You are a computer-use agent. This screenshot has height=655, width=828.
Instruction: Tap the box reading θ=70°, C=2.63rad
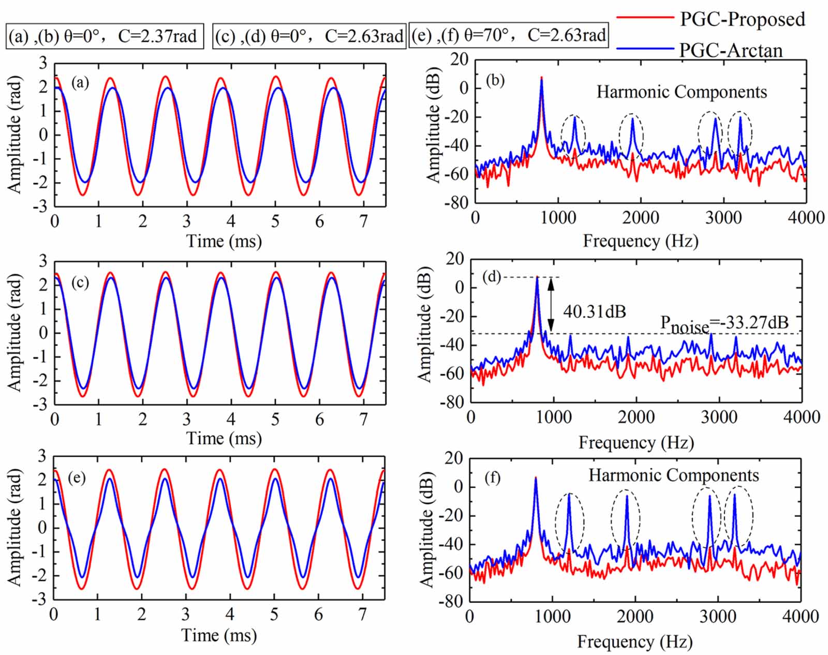[509, 35]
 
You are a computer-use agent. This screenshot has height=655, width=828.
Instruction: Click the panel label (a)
[81, 82]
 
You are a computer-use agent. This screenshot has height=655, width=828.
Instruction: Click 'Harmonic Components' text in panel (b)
[682, 92]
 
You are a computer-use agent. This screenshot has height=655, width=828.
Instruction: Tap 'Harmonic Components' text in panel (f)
[674, 475]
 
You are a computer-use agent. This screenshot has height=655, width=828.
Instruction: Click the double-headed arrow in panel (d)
[551, 304]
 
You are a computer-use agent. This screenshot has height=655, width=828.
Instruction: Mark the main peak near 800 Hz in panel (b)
[541, 79]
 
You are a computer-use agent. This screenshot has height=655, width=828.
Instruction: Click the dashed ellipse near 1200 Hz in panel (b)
[573, 135]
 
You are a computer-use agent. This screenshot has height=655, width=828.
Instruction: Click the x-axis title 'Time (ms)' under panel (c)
[224, 439]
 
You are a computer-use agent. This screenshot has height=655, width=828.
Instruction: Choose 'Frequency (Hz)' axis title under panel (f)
[634, 642]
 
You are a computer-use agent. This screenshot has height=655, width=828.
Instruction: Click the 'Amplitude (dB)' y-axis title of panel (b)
[433, 125]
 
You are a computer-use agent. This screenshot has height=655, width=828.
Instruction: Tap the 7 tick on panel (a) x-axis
[364, 221]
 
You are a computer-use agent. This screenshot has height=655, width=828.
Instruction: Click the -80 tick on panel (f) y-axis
[450, 602]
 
